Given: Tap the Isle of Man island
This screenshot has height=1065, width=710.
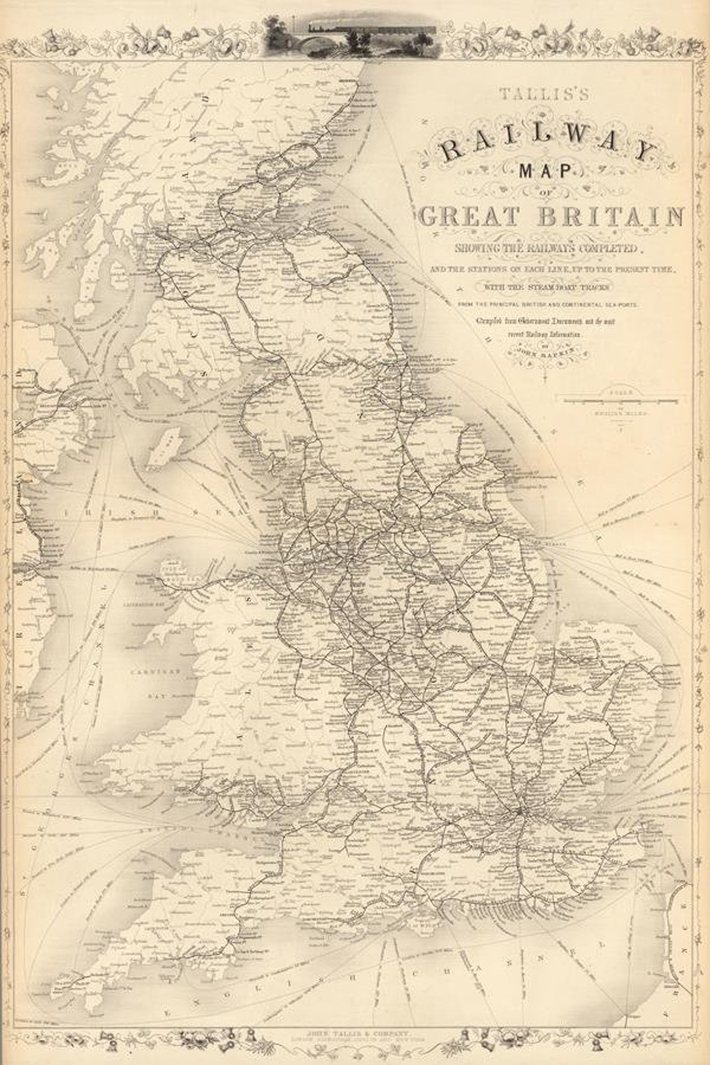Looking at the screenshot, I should [161, 448].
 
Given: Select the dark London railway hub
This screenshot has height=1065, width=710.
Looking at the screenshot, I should [521, 811].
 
